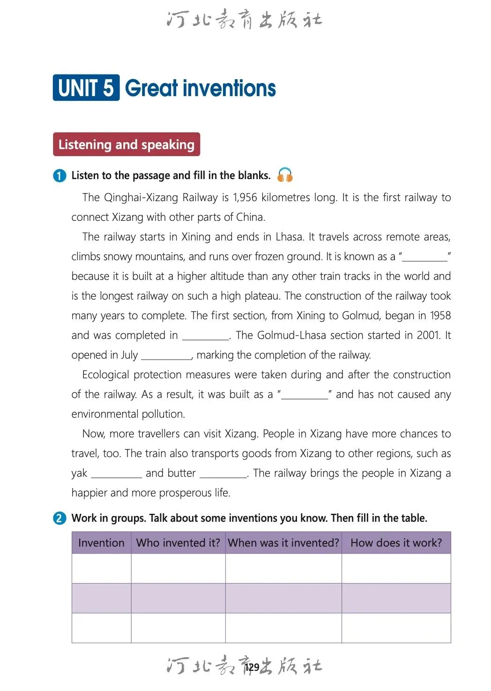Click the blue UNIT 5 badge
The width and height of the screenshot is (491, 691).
86,88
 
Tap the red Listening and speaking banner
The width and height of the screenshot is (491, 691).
126,144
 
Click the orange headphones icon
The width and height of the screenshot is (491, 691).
285,175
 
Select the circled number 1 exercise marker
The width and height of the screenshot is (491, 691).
60,176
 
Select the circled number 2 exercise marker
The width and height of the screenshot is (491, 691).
60,518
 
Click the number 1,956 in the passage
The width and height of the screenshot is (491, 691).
245,197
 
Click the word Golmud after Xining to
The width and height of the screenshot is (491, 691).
361,315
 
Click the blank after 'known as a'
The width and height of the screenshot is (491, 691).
425,257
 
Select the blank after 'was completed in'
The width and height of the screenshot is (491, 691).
206,336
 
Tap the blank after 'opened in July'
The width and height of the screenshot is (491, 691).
166,356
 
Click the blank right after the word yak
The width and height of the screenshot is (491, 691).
116,474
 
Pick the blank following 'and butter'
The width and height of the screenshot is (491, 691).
223,474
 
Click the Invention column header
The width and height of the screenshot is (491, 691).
101,543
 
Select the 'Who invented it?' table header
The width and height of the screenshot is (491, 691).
178,543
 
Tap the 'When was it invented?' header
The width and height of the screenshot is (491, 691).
283,543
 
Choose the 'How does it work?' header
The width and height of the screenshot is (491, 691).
396,543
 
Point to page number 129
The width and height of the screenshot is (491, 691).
252,667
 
